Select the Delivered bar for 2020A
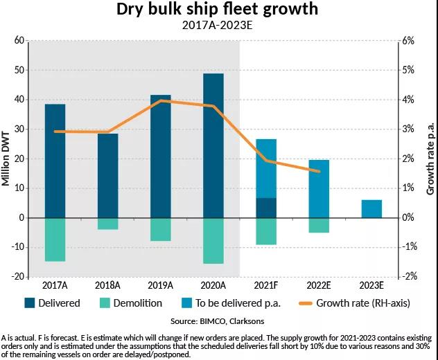coord(213,145)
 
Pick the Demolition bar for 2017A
coord(55,240)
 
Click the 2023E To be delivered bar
coord(371,208)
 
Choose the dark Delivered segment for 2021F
coord(266,208)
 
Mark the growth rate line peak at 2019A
coord(161,101)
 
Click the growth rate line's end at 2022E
coord(319,172)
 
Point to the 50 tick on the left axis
coord(19,71)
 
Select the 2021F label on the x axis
coord(266,285)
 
